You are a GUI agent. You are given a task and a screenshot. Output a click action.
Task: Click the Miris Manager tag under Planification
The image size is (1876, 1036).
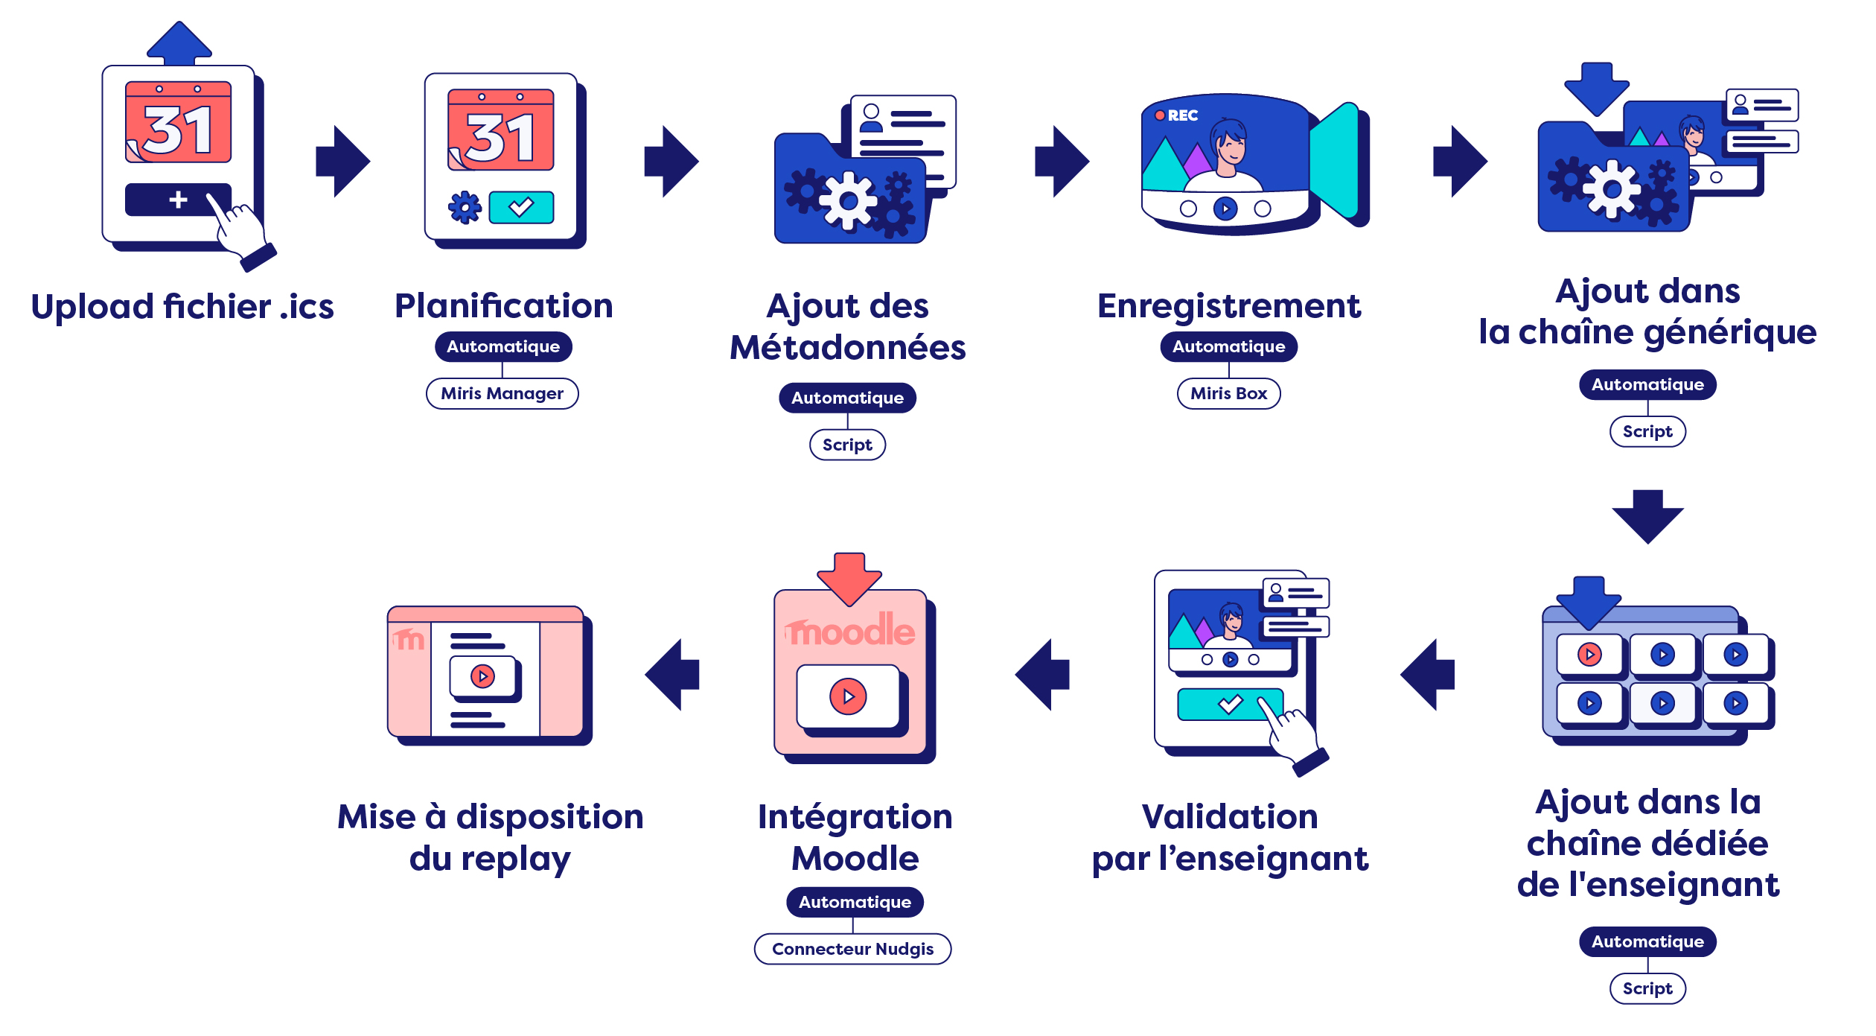pyautogui.click(x=502, y=393)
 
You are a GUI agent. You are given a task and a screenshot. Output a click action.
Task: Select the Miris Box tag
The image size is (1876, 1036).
pyautogui.click(x=1228, y=393)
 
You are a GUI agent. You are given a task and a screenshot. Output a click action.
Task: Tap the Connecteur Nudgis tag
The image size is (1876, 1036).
pyautogui.click(x=852, y=949)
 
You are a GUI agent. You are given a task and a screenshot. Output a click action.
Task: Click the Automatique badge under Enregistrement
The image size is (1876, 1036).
pyautogui.click(x=1228, y=346)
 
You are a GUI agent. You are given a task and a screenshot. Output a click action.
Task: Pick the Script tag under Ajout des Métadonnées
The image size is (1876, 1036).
pyautogui.click(x=847, y=445)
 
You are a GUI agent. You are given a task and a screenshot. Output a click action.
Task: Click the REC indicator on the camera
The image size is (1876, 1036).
pyautogui.click(x=1177, y=115)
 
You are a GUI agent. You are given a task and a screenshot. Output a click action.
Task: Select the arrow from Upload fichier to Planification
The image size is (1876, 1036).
pyautogui.click(x=343, y=161)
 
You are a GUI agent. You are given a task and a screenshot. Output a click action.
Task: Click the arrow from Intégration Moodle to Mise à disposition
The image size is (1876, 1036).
pyautogui.click(x=672, y=674)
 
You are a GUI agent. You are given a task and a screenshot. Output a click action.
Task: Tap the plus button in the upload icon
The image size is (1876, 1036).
pyautogui.click(x=178, y=200)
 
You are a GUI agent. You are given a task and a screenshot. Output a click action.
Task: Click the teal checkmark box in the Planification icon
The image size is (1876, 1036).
pyautogui.click(x=521, y=207)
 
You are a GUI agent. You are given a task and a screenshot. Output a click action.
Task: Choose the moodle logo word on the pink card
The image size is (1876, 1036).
pyautogui.click(x=850, y=632)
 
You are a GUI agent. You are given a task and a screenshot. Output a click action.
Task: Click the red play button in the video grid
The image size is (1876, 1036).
pyautogui.click(x=1589, y=655)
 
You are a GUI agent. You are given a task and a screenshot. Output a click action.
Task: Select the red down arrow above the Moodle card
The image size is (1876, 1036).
pyautogui.click(x=849, y=577)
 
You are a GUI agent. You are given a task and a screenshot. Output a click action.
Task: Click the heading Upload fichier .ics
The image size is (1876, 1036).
pyautogui.click(x=182, y=307)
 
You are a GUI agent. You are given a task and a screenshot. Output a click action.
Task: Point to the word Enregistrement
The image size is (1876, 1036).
pyautogui.click(x=1228, y=306)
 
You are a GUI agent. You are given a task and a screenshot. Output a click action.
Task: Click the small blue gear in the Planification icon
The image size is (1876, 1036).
pyautogui.click(x=465, y=207)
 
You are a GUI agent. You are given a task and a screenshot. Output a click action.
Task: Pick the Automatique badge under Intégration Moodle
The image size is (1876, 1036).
pyautogui.click(x=855, y=902)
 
